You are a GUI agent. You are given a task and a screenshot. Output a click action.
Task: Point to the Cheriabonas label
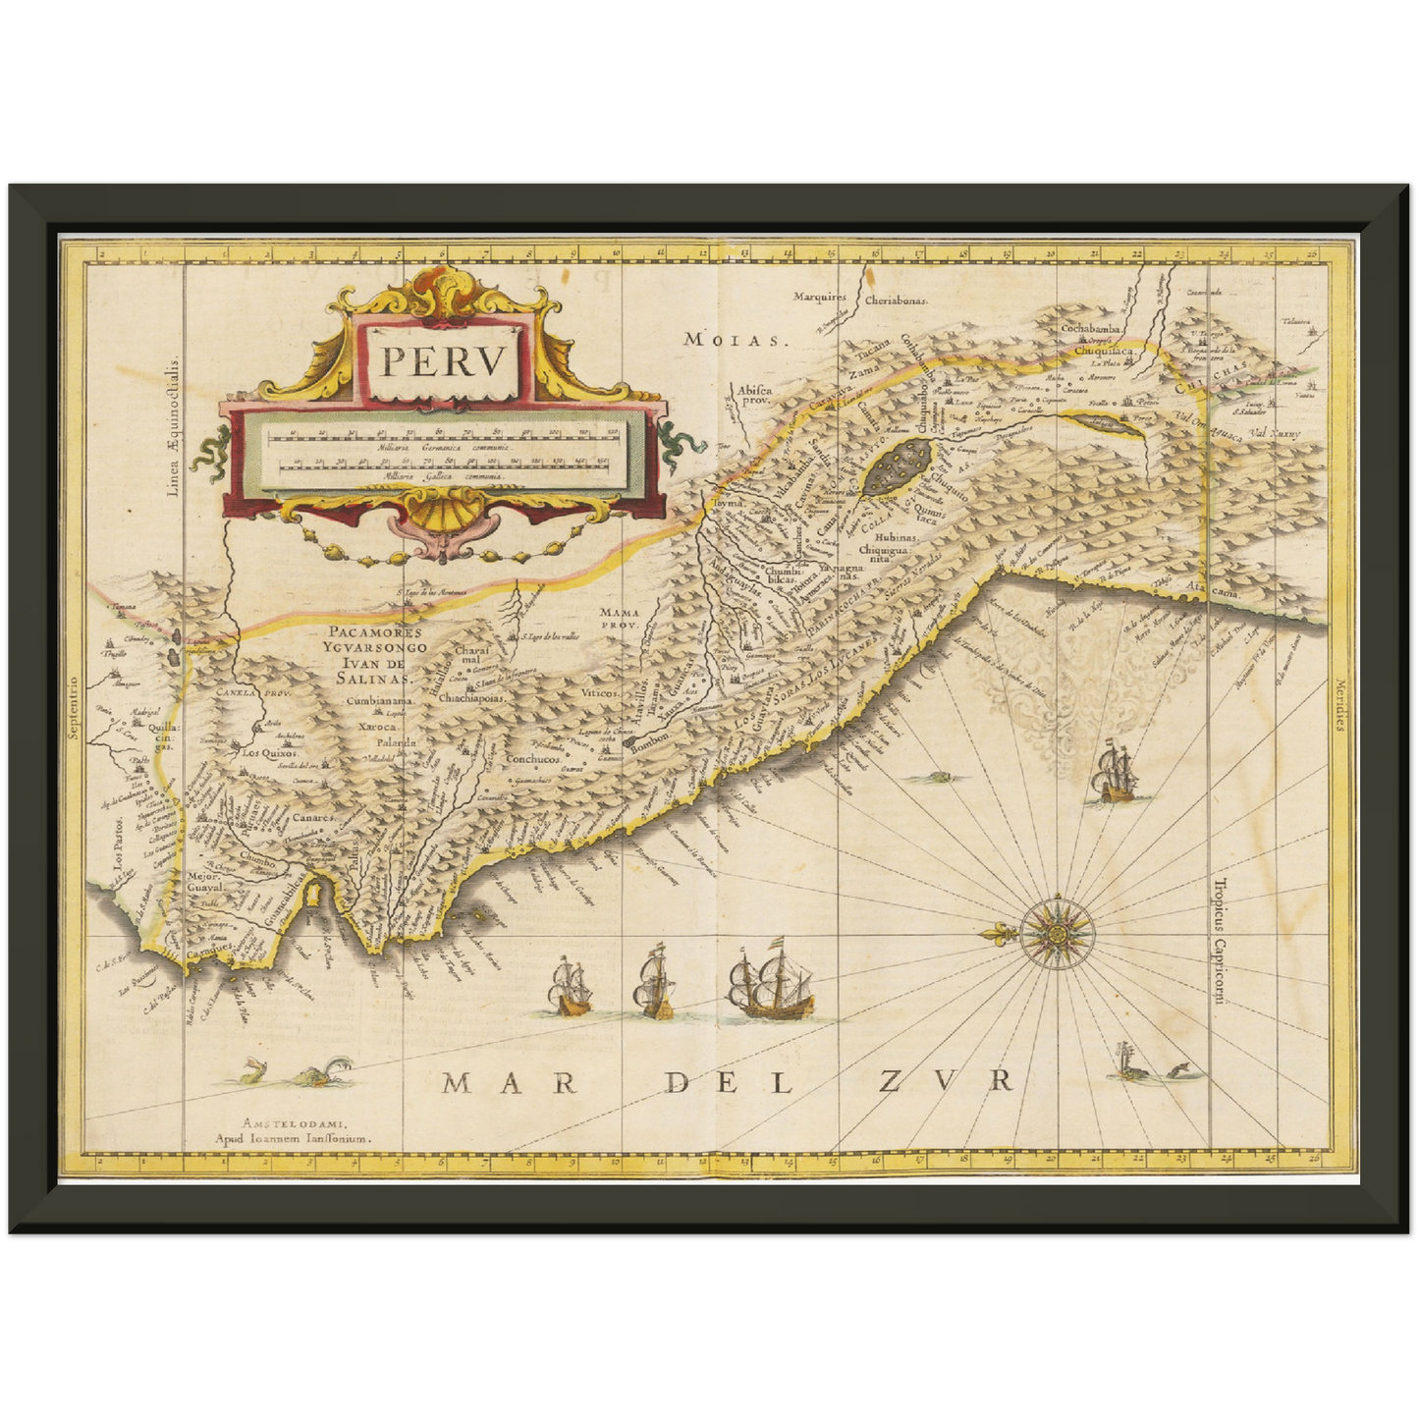(x=896, y=301)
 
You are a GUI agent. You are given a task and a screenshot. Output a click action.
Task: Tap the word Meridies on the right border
(x=1338, y=705)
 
